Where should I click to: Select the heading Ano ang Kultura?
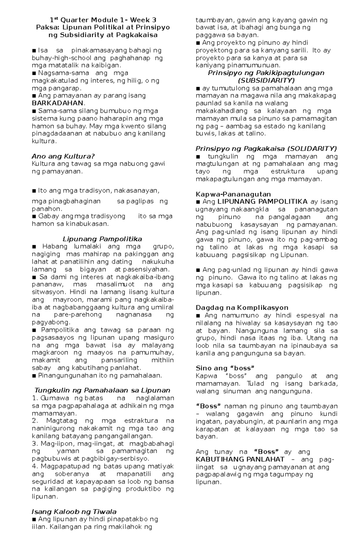(x=63, y=156)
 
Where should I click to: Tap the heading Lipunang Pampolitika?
(x=102, y=239)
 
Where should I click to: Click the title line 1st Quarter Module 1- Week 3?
(x=103, y=20)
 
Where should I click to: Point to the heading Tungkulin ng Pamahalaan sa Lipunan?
(x=102, y=390)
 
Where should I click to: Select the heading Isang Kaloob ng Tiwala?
(x=74, y=511)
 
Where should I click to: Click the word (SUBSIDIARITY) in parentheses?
(x=266, y=81)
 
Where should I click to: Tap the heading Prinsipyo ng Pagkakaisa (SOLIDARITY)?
(x=266, y=149)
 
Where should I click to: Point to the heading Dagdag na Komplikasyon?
(x=242, y=307)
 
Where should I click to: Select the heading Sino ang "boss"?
(x=225, y=368)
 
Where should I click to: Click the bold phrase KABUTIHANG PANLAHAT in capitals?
(x=240, y=459)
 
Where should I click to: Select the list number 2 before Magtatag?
(x=34, y=421)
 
